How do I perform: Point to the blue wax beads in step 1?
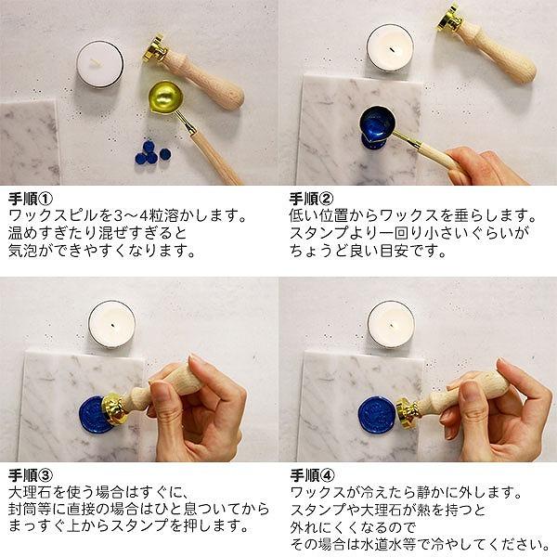click(149, 152)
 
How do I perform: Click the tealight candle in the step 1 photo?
click(99, 64)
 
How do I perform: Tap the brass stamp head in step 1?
click(154, 48)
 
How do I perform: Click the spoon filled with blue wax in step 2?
click(380, 126)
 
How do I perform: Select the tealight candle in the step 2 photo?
click(390, 46)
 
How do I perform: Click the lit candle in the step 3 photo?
click(112, 324)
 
